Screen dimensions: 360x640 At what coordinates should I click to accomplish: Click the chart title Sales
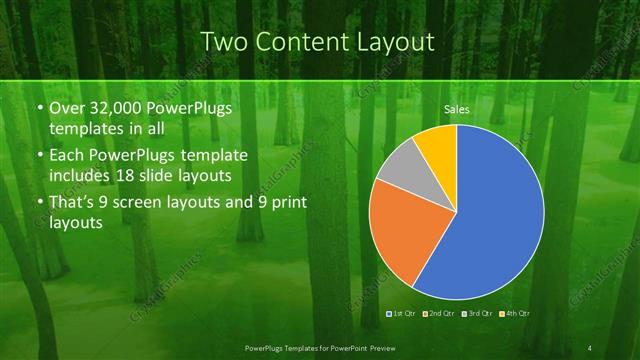456,110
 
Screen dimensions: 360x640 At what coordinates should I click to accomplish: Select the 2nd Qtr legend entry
441,313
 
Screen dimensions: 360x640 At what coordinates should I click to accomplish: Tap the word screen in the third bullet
166,205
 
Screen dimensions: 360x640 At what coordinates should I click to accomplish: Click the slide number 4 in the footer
589,347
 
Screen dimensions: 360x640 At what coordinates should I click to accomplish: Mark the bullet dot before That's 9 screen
39,205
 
